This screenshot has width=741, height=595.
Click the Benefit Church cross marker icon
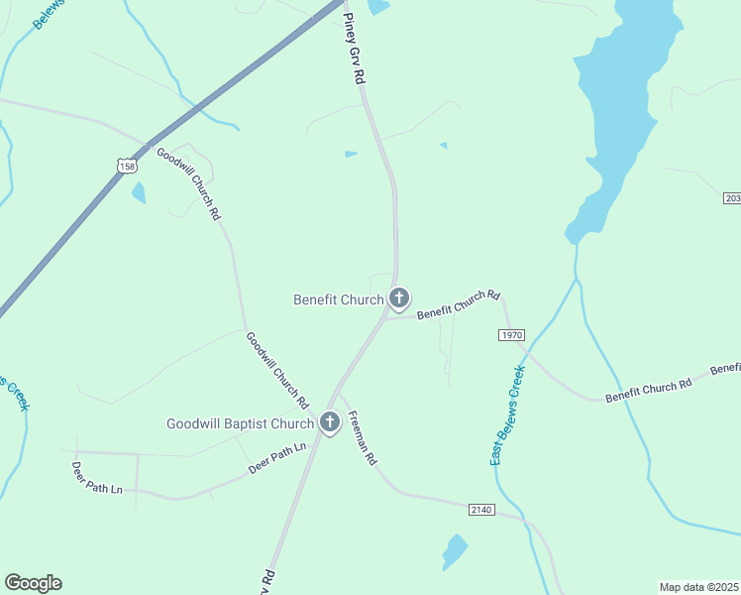(x=399, y=297)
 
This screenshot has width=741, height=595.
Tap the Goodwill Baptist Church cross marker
(x=330, y=423)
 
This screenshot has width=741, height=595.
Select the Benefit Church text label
(x=338, y=299)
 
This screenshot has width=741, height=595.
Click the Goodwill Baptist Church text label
(x=240, y=424)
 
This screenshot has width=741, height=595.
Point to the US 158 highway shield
(x=126, y=167)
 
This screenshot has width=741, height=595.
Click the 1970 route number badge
(x=511, y=335)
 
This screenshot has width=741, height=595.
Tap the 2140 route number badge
(x=481, y=509)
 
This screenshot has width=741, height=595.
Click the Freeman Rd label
(x=363, y=438)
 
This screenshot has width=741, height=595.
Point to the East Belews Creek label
(x=506, y=416)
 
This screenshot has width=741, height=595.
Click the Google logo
(x=33, y=583)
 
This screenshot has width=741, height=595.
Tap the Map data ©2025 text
(x=698, y=587)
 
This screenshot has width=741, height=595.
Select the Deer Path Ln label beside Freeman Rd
(x=278, y=458)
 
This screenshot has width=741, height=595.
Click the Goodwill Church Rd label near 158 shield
(x=188, y=182)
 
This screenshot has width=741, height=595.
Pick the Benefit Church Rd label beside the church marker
(x=459, y=304)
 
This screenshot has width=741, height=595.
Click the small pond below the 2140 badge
(x=454, y=550)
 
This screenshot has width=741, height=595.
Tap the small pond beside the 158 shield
(x=139, y=192)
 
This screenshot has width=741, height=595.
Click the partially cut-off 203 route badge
(x=732, y=198)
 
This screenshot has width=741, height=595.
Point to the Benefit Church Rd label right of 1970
(x=648, y=388)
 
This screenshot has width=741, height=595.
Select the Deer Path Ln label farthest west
(x=97, y=477)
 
